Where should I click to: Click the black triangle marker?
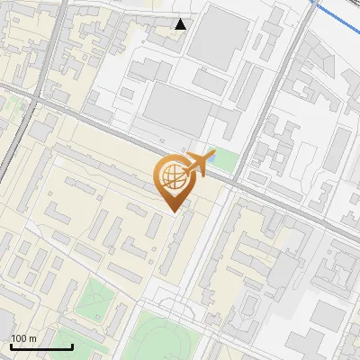tap(181, 24)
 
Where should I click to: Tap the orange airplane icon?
tap(199, 164)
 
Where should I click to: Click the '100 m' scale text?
tap(23, 338)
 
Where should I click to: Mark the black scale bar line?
tap(41, 346)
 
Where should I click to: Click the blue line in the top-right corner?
tap(337, 13)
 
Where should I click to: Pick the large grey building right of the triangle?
tap(215, 36)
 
